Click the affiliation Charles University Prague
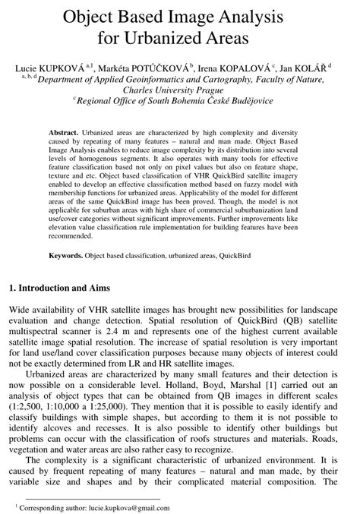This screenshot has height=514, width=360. pyautogui.click(x=180, y=88)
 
